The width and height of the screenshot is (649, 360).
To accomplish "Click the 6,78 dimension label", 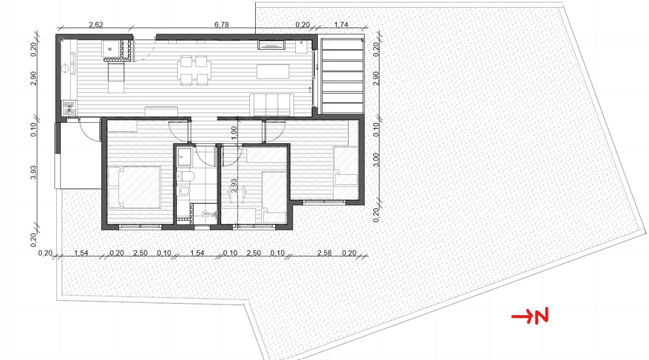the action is click(x=222, y=25).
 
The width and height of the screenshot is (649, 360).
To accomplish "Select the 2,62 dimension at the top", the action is click(x=96, y=25).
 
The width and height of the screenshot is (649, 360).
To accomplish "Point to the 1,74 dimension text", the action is click(x=341, y=25).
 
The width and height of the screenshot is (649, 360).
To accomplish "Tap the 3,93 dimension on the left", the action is click(x=34, y=172).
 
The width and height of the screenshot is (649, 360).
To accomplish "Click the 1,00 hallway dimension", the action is click(x=234, y=133).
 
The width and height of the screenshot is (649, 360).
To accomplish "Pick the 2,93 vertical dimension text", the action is click(x=234, y=185).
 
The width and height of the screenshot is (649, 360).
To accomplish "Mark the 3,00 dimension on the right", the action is click(x=376, y=160).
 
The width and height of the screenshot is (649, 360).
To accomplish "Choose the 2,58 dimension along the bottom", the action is click(x=324, y=253).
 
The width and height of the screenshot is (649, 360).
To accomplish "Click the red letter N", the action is click(x=541, y=316).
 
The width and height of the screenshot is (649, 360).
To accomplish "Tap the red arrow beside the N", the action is click(x=522, y=316).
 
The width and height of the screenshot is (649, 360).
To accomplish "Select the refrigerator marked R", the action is click(x=110, y=49).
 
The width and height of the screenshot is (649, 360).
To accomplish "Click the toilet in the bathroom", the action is click(x=186, y=176).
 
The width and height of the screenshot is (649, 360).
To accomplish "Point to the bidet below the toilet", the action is click(x=183, y=191).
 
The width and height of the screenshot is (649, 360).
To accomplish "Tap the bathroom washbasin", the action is click(x=184, y=157).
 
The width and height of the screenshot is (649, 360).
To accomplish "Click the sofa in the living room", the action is click(x=271, y=104).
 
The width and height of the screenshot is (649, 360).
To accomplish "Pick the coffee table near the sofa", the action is click(x=273, y=71).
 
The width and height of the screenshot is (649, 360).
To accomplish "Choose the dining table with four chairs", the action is click(x=194, y=70).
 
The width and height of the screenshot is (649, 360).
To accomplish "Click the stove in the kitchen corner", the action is click(x=70, y=108).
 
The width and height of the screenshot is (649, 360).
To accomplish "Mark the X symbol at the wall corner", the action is click(x=61, y=39).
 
